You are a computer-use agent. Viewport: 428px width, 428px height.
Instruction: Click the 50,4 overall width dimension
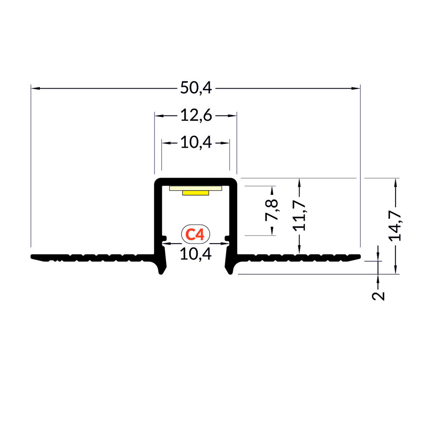[x=196, y=88]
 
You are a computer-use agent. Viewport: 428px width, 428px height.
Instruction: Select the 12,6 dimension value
[x=196, y=116]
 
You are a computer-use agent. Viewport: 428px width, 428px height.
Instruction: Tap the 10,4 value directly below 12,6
[x=196, y=143]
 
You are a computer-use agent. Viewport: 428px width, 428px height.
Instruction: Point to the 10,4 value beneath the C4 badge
[x=196, y=254]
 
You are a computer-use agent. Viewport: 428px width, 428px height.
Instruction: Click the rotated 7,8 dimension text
[x=272, y=210]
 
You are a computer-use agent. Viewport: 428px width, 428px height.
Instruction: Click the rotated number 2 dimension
[x=378, y=296]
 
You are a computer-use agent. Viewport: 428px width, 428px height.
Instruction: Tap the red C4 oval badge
[x=196, y=234]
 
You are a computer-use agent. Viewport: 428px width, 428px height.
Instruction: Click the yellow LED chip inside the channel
[x=196, y=193]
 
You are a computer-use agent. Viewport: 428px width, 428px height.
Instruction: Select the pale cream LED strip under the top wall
[x=196, y=188]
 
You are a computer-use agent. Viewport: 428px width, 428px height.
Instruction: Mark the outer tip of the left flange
[x=33, y=257]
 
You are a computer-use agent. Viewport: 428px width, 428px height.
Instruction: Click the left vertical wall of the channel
[x=158, y=214]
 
